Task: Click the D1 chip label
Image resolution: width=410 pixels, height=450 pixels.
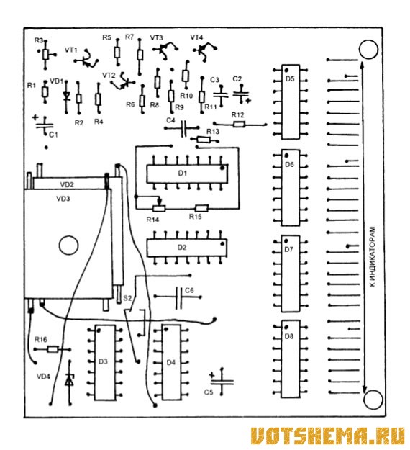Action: (183, 173)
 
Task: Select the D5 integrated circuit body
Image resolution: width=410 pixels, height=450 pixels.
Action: (291, 102)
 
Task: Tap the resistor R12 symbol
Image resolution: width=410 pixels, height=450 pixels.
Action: (239, 125)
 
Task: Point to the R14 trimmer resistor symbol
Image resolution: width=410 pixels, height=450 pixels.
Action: (158, 207)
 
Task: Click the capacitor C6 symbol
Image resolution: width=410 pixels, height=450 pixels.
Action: (178, 297)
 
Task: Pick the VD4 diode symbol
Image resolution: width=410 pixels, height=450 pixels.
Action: (69, 381)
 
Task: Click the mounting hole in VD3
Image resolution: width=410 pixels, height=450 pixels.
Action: (68, 245)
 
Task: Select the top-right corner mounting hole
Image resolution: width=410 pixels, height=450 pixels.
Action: (368, 50)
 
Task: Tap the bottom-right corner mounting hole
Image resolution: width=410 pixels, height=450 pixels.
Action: (373, 399)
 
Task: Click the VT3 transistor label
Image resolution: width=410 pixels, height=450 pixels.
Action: (157, 37)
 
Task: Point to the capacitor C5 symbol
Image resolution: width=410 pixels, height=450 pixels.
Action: (222, 382)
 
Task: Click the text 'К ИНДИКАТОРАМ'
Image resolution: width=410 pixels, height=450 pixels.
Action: (372, 256)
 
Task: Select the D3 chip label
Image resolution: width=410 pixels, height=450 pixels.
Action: (103, 361)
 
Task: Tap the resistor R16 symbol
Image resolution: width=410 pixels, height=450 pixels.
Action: (53, 349)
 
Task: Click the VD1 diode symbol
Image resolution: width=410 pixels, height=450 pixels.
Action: (66, 96)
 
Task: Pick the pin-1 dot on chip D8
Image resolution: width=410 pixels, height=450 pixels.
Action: (286, 327)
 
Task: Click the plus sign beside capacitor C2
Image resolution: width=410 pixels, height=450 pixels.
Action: (248, 101)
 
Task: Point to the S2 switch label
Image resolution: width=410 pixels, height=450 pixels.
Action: (127, 298)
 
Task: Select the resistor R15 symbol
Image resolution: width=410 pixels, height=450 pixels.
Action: (201, 208)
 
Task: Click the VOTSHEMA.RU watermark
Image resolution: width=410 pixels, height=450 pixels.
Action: (327, 435)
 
